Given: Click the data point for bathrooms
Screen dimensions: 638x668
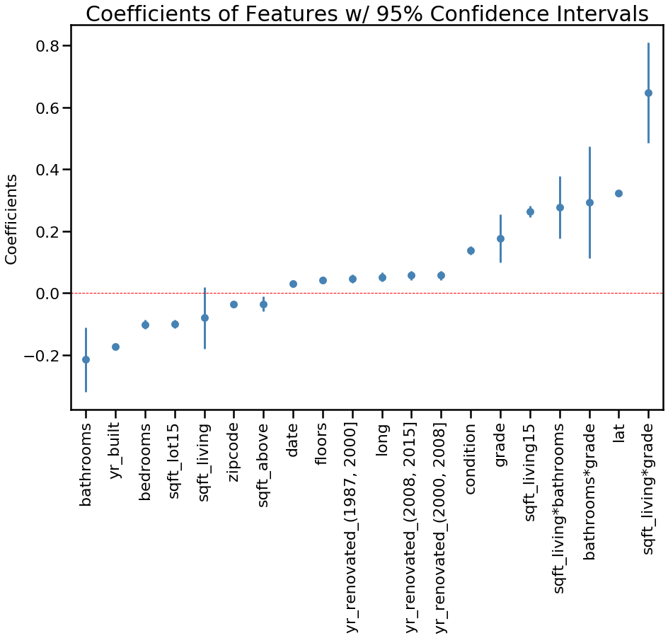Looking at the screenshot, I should (x=86, y=359).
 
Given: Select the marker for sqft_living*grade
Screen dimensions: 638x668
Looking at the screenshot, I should (x=648, y=93).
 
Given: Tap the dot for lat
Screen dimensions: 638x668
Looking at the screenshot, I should (x=618, y=193).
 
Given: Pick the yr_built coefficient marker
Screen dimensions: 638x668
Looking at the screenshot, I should (x=115, y=347).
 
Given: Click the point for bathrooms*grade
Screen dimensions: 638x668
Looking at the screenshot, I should (x=589, y=202).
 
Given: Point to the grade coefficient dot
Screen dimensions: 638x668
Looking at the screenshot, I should (x=500, y=238).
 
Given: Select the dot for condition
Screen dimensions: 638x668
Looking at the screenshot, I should (x=471, y=250).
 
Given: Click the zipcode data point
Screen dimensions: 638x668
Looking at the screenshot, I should (x=234, y=304).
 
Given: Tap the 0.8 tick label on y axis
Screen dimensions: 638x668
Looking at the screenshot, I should (x=47, y=46).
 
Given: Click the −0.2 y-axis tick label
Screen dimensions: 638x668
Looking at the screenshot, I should (x=42, y=355).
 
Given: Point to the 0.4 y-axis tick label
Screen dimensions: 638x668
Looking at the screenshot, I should (x=47, y=170).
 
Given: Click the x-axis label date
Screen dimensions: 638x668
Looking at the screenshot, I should (x=293, y=439).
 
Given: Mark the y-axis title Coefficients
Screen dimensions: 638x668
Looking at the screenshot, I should (x=12, y=219).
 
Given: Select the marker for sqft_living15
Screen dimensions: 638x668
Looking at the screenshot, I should (x=530, y=211).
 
